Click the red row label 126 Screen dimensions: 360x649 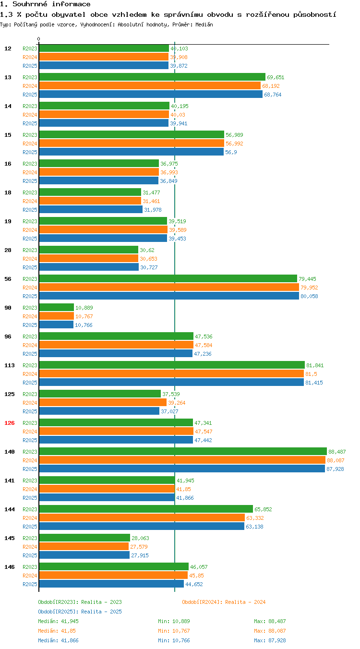[x=9, y=423]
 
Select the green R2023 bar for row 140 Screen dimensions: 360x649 [x=183, y=451]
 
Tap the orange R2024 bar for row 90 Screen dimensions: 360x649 [x=57, y=316]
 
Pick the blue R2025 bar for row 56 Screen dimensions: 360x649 [x=169, y=296]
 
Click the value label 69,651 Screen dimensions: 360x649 [x=276, y=77]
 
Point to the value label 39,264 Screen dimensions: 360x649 [x=177, y=403]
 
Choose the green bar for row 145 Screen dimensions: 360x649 [x=84, y=538]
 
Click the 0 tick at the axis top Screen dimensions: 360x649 [x=38, y=39]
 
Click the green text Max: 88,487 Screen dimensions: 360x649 [x=270, y=621]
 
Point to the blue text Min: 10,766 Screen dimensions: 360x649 [x=174, y=640]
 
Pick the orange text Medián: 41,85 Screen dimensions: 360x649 [x=57, y=630]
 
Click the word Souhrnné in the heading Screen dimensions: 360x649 [x=30, y=4]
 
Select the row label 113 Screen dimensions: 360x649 [x=9, y=365]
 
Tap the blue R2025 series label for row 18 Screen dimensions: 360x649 [x=30, y=210]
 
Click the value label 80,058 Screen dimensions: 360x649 [x=309, y=296]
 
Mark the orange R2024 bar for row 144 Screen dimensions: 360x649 [x=142, y=517]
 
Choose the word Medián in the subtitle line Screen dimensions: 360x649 [x=204, y=24]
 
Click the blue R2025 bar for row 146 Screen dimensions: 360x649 [x=111, y=584]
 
